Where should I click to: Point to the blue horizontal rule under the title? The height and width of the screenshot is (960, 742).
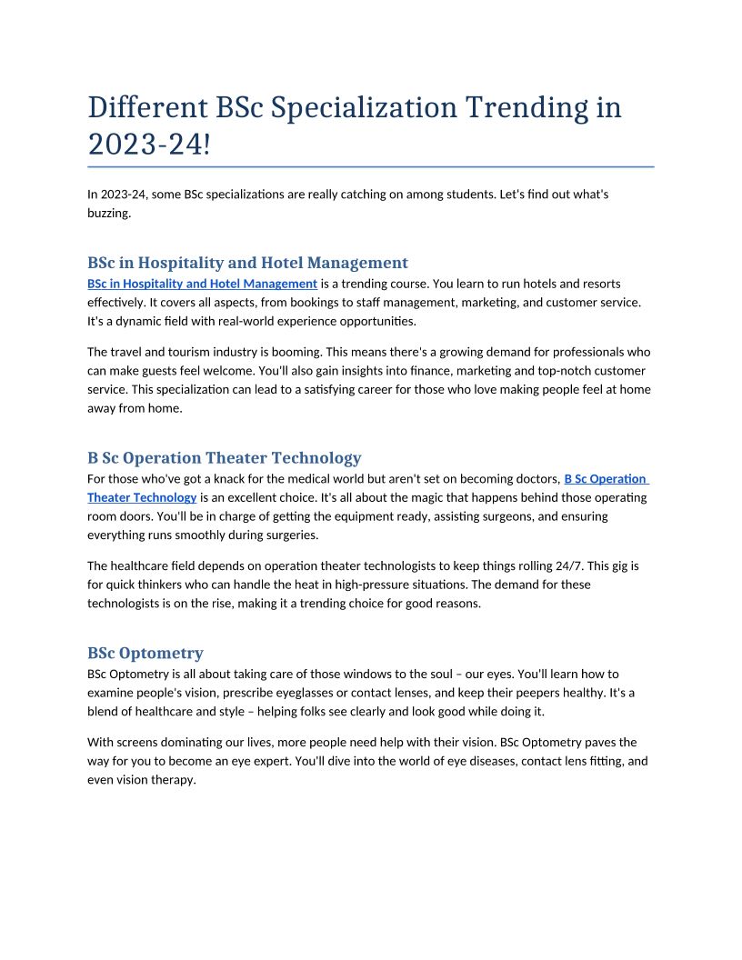(371, 167)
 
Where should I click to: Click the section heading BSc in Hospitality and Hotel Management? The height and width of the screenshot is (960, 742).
(247, 264)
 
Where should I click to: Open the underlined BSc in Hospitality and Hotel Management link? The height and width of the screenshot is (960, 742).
(202, 285)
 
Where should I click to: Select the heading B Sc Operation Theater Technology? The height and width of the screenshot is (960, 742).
(225, 458)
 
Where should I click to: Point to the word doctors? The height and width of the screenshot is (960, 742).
(532, 479)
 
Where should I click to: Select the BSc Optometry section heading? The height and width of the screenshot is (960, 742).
(145, 654)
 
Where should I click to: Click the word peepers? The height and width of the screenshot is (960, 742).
(507, 693)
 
